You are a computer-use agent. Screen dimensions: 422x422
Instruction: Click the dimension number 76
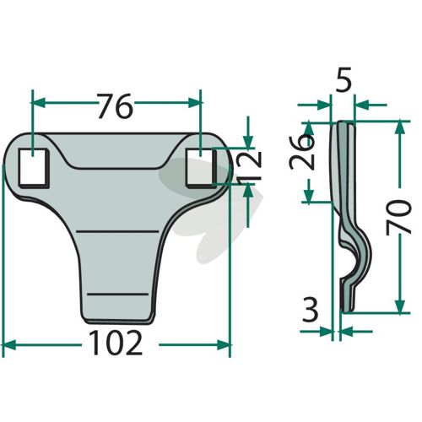tap(115, 106)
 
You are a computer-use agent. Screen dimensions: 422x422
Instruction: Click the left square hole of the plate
tap(33, 168)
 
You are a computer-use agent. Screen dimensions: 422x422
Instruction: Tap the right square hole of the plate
tap(201, 168)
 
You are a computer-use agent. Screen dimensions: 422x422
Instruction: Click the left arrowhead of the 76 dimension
tap(39, 103)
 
